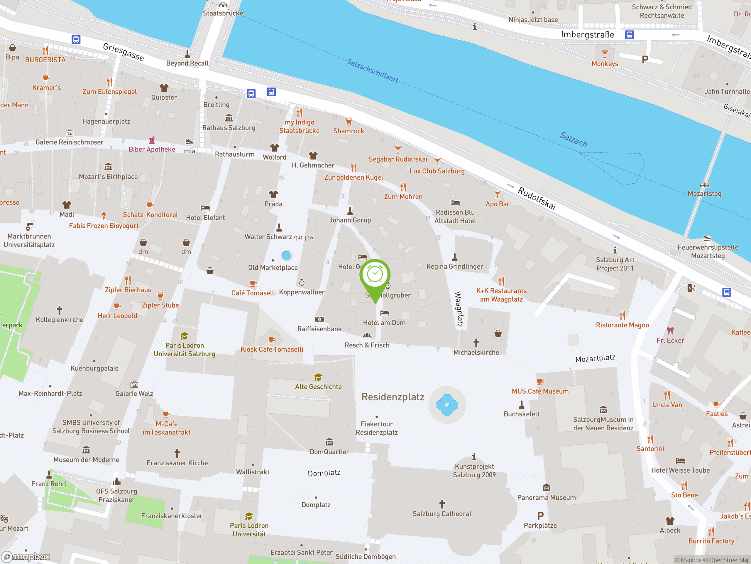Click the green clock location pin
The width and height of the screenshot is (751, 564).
coord(375,275)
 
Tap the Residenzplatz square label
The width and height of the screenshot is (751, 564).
coord(393,397)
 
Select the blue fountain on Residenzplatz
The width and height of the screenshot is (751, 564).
coord(447,404)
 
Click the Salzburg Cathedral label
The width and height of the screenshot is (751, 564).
coord(442,514)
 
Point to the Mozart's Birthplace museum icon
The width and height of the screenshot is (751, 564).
coord(108,167)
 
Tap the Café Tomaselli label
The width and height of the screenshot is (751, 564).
coord(253,293)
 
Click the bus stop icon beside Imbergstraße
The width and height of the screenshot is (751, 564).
coord(629,35)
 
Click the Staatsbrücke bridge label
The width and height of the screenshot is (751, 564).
coord(223,13)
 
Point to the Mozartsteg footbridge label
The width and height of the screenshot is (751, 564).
coord(704,194)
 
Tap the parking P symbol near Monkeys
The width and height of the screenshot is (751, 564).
coord(645,60)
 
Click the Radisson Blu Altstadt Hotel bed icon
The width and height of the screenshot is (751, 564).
coord(455,203)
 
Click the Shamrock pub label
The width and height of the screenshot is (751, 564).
coord(348,131)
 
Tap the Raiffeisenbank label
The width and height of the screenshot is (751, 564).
coord(319,329)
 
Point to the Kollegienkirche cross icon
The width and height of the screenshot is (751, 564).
coord(60,310)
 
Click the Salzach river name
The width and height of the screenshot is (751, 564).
coord(573,140)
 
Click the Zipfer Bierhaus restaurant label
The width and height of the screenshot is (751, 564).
coord(128,290)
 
